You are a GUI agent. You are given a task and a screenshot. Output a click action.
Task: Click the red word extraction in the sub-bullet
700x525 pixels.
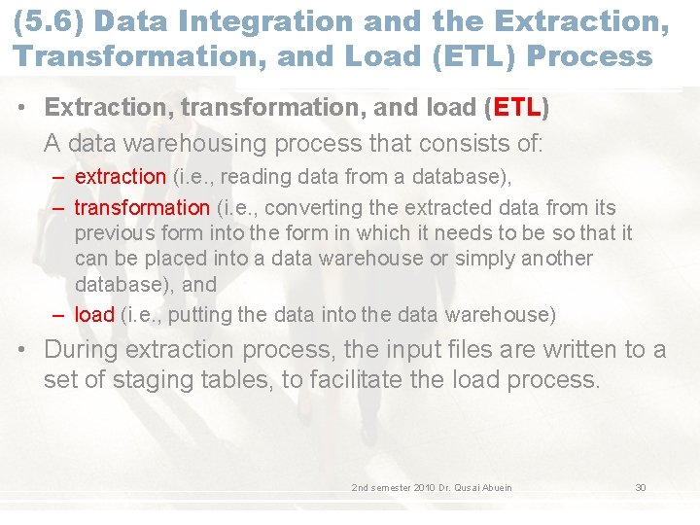point(120,177)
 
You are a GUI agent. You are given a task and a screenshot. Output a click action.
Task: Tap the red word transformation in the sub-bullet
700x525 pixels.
point(142,207)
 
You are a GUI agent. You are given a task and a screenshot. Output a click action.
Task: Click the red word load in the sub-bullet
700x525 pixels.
point(94,315)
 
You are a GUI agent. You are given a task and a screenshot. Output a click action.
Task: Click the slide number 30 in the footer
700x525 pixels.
point(641,487)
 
